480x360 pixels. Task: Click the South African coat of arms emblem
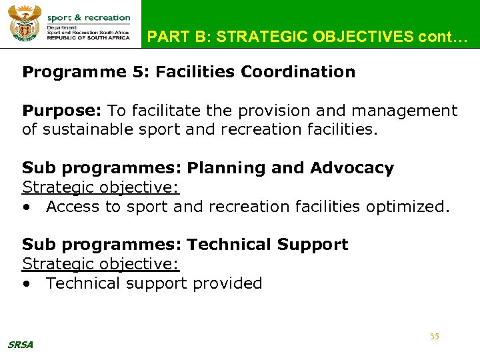click(25, 24)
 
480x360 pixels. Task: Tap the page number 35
click(434, 337)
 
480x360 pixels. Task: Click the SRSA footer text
click(20, 345)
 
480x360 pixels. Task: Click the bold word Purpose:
click(62, 110)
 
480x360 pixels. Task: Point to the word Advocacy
click(352, 168)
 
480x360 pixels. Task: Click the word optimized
click(408, 207)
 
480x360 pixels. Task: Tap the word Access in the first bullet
click(73, 207)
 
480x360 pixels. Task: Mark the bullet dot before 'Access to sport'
click(26, 207)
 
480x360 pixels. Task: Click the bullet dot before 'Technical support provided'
click(26, 284)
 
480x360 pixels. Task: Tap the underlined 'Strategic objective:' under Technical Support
click(101, 264)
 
